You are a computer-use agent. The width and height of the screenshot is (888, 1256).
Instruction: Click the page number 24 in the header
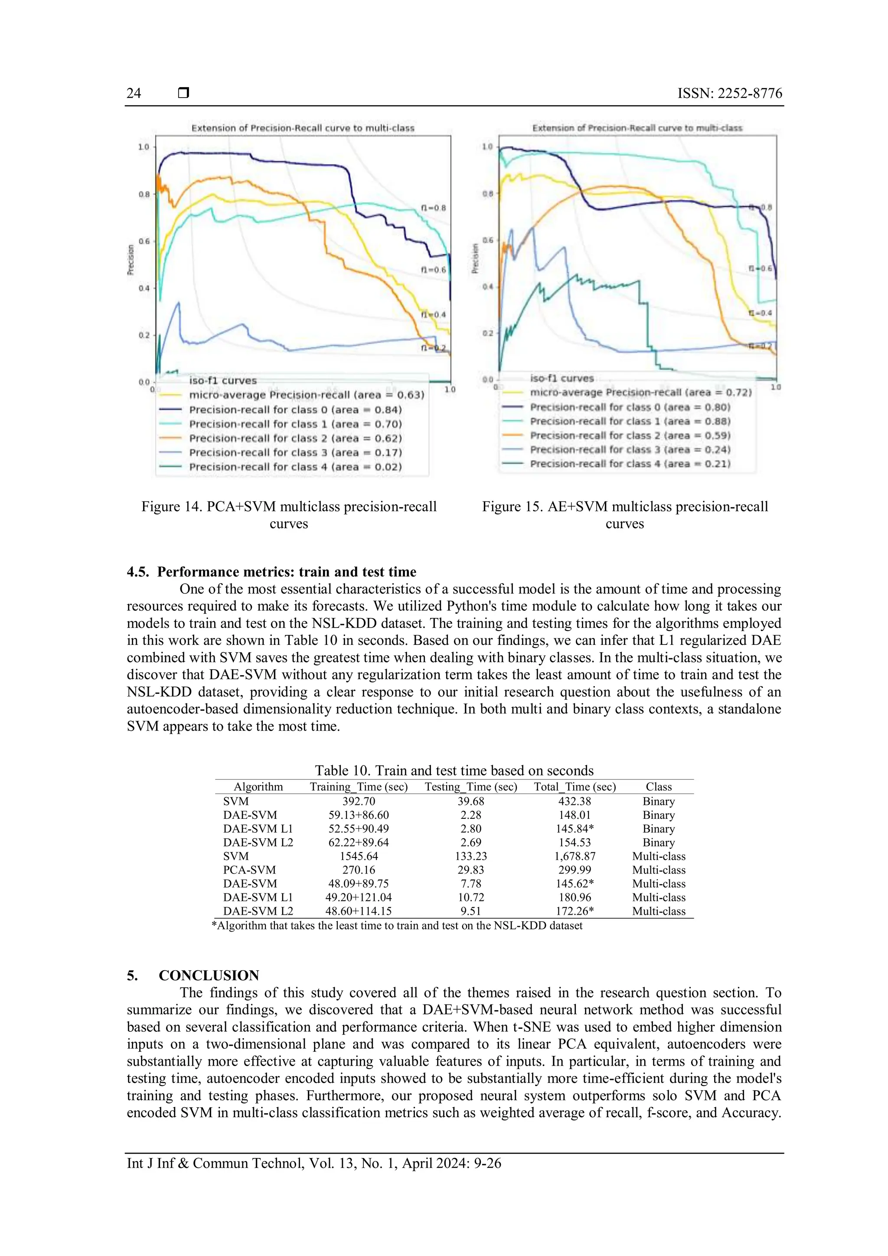point(134,94)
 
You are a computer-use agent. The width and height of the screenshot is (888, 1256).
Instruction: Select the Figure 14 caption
point(289,515)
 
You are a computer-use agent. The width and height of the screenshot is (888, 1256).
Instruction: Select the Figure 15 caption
point(624,515)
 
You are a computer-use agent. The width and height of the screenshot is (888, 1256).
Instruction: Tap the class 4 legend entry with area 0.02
point(295,467)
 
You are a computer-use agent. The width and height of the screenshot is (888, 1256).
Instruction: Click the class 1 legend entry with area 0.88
point(630,421)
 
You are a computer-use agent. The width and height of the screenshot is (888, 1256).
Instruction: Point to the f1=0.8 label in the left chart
point(433,208)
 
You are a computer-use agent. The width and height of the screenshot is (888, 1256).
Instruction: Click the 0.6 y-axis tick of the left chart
point(144,241)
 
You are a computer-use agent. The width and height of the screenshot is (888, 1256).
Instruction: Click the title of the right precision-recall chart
point(637,128)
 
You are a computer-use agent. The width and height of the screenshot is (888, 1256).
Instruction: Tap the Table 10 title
point(454,770)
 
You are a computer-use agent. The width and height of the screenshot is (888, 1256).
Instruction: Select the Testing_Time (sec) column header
point(471,787)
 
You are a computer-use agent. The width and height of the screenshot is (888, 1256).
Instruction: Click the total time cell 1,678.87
point(575,856)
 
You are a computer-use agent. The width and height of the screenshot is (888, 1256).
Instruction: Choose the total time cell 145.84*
point(575,829)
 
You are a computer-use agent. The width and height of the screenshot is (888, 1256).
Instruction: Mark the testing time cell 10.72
point(471,897)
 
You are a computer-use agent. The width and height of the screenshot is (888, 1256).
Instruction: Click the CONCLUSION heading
point(209,975)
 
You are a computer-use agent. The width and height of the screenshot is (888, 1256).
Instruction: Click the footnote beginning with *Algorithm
point(397,926)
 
